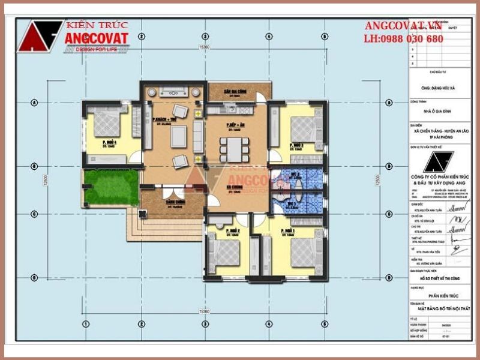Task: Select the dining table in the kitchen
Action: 233,149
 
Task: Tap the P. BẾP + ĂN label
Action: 233,125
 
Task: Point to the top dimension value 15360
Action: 205,46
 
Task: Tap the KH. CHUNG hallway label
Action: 233,190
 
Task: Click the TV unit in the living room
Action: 173,92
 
